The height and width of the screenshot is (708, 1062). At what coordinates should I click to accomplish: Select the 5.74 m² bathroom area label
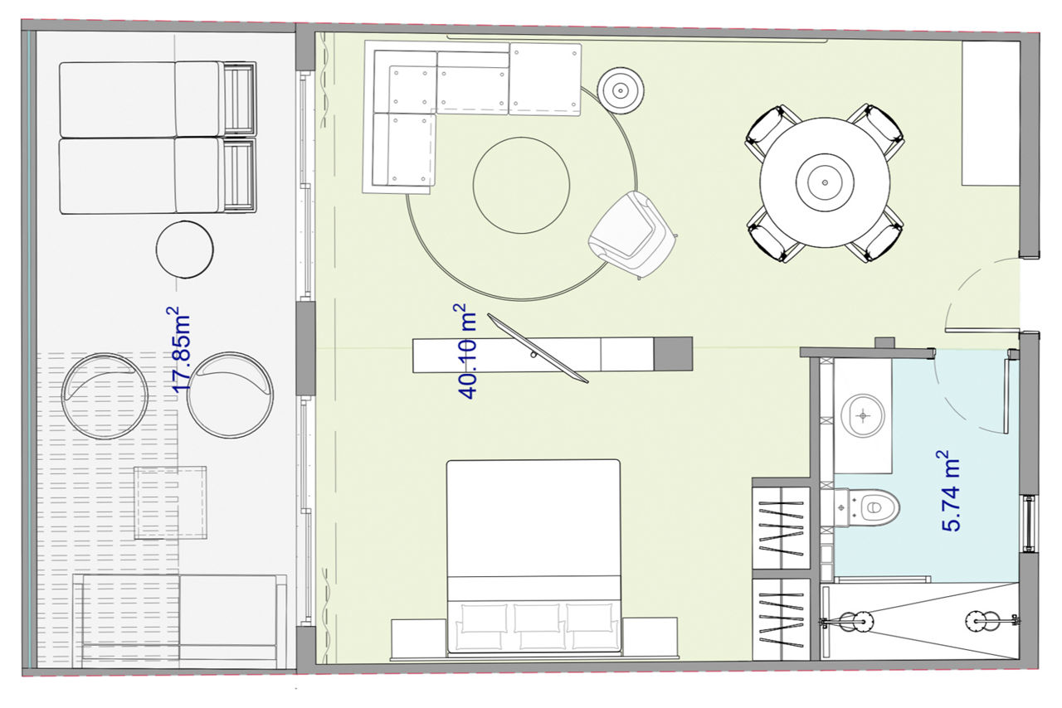tap(948, 491)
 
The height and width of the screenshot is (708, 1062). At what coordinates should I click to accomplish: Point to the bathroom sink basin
tap(862, 415)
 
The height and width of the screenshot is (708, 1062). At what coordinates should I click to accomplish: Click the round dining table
tap(825, 182)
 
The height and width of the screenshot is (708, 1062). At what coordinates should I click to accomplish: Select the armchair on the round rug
tap(633, 235)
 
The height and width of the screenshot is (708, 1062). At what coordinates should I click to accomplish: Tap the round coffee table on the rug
tap(522, 186)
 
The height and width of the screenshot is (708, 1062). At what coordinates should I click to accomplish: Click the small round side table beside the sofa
tap(621, 90)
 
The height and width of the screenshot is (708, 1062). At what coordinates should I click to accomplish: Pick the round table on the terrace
tap(185, 250)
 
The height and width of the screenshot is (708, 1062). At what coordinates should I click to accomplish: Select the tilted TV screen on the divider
tap(538, 348)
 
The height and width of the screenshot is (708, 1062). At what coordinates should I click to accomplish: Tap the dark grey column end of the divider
tap(673, 353)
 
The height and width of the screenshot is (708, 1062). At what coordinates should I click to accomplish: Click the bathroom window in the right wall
tap(1029, 523)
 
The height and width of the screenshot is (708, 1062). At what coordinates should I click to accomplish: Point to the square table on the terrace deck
tap(170, 502)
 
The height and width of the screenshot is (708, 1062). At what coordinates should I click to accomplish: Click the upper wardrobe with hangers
tap(781, 527)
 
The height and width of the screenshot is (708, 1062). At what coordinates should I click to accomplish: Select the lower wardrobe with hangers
tap(781, 619)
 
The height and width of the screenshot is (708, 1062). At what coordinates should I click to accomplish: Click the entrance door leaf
tap(982, 330)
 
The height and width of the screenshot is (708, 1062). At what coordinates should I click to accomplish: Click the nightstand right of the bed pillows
tap(650, 637)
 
